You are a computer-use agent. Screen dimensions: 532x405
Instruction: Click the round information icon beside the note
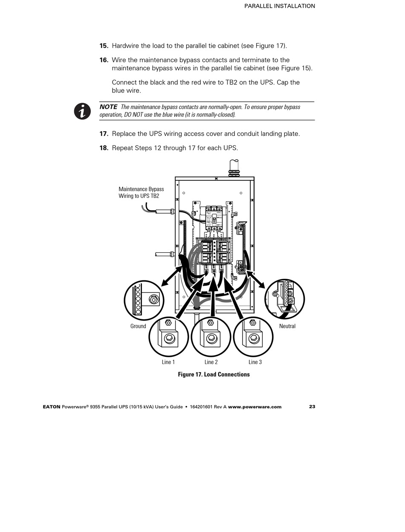[x=83, y=111]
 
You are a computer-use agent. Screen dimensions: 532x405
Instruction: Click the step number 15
[x=104, y=46]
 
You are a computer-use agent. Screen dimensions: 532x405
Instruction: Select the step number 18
[x=104, y=148]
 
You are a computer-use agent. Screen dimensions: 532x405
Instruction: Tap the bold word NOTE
[x=108, y=107]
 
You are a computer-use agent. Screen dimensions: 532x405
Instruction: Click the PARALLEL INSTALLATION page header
[x=280, y=6]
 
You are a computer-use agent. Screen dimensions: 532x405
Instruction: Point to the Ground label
[x=138, y=326]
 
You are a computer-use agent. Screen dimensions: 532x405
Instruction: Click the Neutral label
[x=287, y=326]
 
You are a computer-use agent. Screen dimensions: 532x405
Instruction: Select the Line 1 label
[x=168, y=362]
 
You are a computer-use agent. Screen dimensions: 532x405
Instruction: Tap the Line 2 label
[x=211, y=362]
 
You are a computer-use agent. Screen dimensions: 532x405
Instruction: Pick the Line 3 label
[x=255, y=362]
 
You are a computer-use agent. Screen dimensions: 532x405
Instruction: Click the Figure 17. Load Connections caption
[x=214, y=374]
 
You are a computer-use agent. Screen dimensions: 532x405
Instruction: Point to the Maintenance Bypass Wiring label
[x=141, y=192]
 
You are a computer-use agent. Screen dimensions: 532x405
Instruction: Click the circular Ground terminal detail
[x=144, y=300]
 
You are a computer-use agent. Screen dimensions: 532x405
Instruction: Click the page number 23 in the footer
[x=312, y=407]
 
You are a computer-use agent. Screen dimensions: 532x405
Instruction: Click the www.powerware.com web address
[x=255, y=407]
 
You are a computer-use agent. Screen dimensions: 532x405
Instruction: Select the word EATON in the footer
[x=52, y=407]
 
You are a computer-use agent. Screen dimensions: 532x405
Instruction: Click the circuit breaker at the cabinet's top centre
[x=214, y=218]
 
